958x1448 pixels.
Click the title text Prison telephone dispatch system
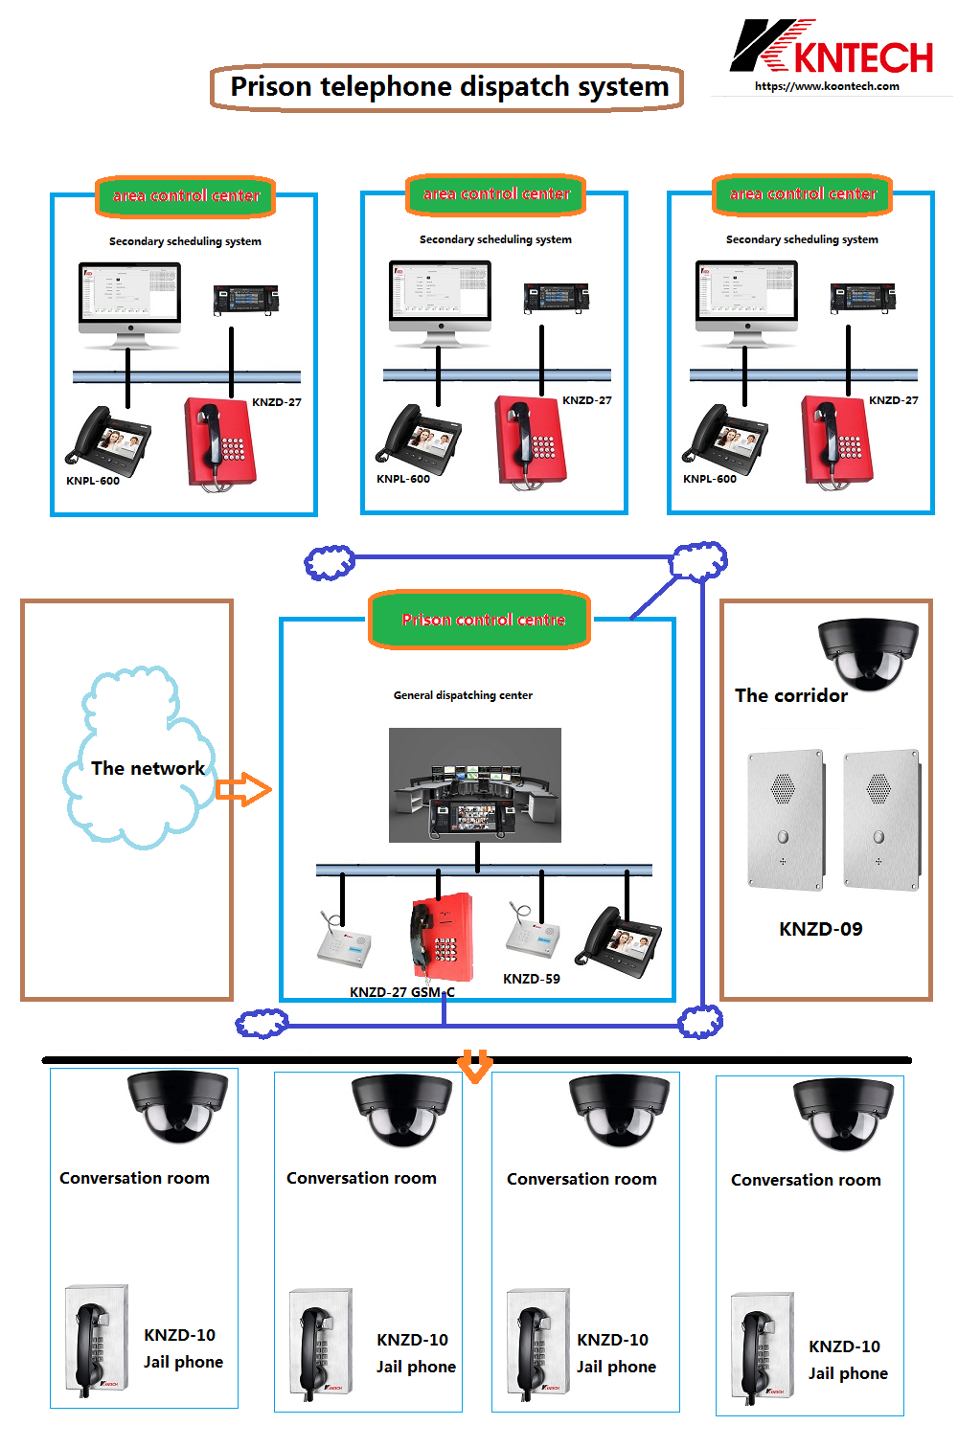(449, 87)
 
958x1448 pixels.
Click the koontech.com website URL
(827, 86)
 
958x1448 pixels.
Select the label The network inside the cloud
(148, 768)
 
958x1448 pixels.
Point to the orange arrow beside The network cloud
(243, 789)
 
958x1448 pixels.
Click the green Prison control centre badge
(483, 620)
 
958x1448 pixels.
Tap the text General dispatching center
(463, 695)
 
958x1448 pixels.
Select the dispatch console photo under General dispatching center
(475, 785)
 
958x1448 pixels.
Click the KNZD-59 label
(532, 979)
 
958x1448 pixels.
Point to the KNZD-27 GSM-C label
(402, 992)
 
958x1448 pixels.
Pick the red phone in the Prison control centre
(442, 938)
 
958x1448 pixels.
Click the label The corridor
(791, 696)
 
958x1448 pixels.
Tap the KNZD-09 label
(821, 929)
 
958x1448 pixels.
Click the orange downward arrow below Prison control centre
(475, 1065)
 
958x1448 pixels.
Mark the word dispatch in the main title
(512, 87)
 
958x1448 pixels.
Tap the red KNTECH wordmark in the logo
(863, 57)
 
